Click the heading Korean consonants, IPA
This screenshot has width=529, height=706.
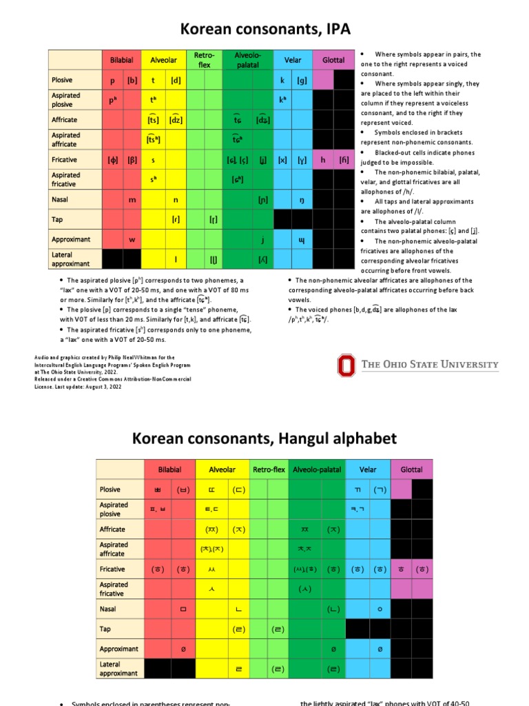coord(265,28)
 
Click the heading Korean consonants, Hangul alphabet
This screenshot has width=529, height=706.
coord(264,438)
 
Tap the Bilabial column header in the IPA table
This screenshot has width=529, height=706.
coord(122,61)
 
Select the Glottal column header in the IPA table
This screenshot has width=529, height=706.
coord(333,61)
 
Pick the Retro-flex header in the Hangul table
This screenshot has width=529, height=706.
coord(269,470)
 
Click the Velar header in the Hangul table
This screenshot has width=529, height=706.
coord(368,470)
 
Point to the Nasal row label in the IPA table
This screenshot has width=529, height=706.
coord(60,200)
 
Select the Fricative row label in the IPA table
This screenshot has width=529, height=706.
coord(65,160)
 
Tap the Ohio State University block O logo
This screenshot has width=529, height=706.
coord(346,365)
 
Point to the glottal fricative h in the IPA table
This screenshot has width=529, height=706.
coord(323,160)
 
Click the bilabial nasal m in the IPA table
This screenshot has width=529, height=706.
coord(132,200)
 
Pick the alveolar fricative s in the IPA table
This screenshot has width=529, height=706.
coord(153,160)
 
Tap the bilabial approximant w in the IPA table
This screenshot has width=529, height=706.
coord(132,240)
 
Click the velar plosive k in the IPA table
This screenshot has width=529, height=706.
coord(282,80)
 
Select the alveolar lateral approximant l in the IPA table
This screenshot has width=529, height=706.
coord(176,259)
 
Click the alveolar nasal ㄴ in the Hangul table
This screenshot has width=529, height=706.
coord(238,609)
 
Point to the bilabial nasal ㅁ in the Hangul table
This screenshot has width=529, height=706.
coord(183,609)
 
